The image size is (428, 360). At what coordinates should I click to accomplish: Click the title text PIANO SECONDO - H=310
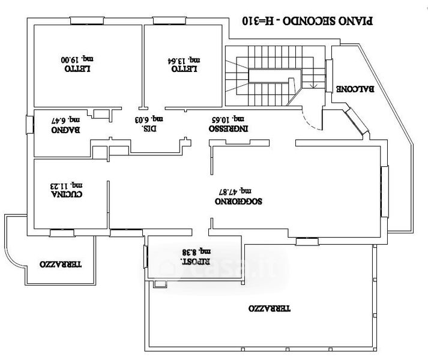pos(307,21)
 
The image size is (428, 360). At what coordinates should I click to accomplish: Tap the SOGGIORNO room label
pos(238,202)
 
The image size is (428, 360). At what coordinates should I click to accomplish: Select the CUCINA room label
pos(67,194)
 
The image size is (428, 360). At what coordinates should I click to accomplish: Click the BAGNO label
pos(66,130)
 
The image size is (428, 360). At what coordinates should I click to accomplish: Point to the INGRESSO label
pos(229,128)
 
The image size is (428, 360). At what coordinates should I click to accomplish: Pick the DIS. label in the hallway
pos(149,128)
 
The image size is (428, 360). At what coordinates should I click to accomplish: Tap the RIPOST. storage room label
pos(196,261)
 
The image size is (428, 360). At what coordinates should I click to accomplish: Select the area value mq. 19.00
pos(77,59)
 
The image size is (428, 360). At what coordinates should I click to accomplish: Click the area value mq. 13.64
pos(184,60)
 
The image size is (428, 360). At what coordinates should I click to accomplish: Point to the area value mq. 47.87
pos(235,191)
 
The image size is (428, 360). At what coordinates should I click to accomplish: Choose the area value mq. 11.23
pos(67,185)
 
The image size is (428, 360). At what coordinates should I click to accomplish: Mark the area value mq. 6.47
pos(65,120)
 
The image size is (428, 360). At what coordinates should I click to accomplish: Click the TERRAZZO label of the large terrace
pos(270,308)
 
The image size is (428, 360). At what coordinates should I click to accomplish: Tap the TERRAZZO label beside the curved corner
pos(61,264)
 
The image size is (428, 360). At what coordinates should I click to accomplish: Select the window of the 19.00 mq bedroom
pos(87,21)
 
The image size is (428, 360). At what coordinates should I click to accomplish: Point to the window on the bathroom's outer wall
pos(30,125)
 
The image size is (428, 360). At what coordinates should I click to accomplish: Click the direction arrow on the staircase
pos(313,85)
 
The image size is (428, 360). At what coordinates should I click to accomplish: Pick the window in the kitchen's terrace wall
pos(62,233)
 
